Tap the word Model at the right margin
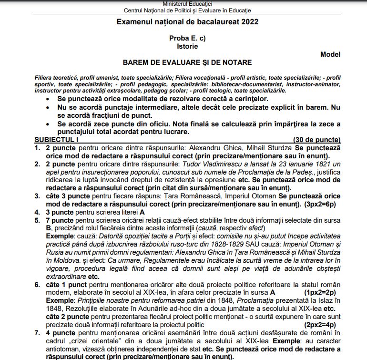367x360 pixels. point(330,54)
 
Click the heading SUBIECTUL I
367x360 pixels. point(57,140)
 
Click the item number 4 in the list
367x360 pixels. point(37,212)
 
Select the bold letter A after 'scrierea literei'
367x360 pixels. point(142,212)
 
